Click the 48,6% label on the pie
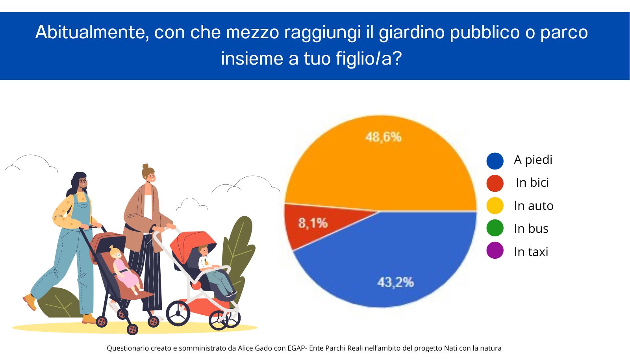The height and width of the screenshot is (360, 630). click(383, 137)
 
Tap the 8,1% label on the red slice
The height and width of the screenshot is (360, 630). click(313, 223)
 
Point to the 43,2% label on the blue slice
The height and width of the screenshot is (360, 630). click(395, 282)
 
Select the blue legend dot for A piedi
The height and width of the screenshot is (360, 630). click(495, 161)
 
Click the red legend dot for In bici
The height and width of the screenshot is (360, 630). click(495, 184)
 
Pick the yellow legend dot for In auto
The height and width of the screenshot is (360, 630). click(495, 206)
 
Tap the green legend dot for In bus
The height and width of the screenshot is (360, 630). click(495, 228)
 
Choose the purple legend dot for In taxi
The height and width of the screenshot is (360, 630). click(495, 251)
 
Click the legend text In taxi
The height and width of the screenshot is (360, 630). click(531, 252)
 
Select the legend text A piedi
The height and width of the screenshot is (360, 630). click(533, 160)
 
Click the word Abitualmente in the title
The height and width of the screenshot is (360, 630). click(92, 32)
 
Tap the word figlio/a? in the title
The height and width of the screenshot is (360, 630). click(369, 59)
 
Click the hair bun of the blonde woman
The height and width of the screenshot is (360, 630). click(145, 166)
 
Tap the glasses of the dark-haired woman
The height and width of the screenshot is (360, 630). click(83, 180)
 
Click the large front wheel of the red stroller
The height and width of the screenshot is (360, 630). click(178, 313)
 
